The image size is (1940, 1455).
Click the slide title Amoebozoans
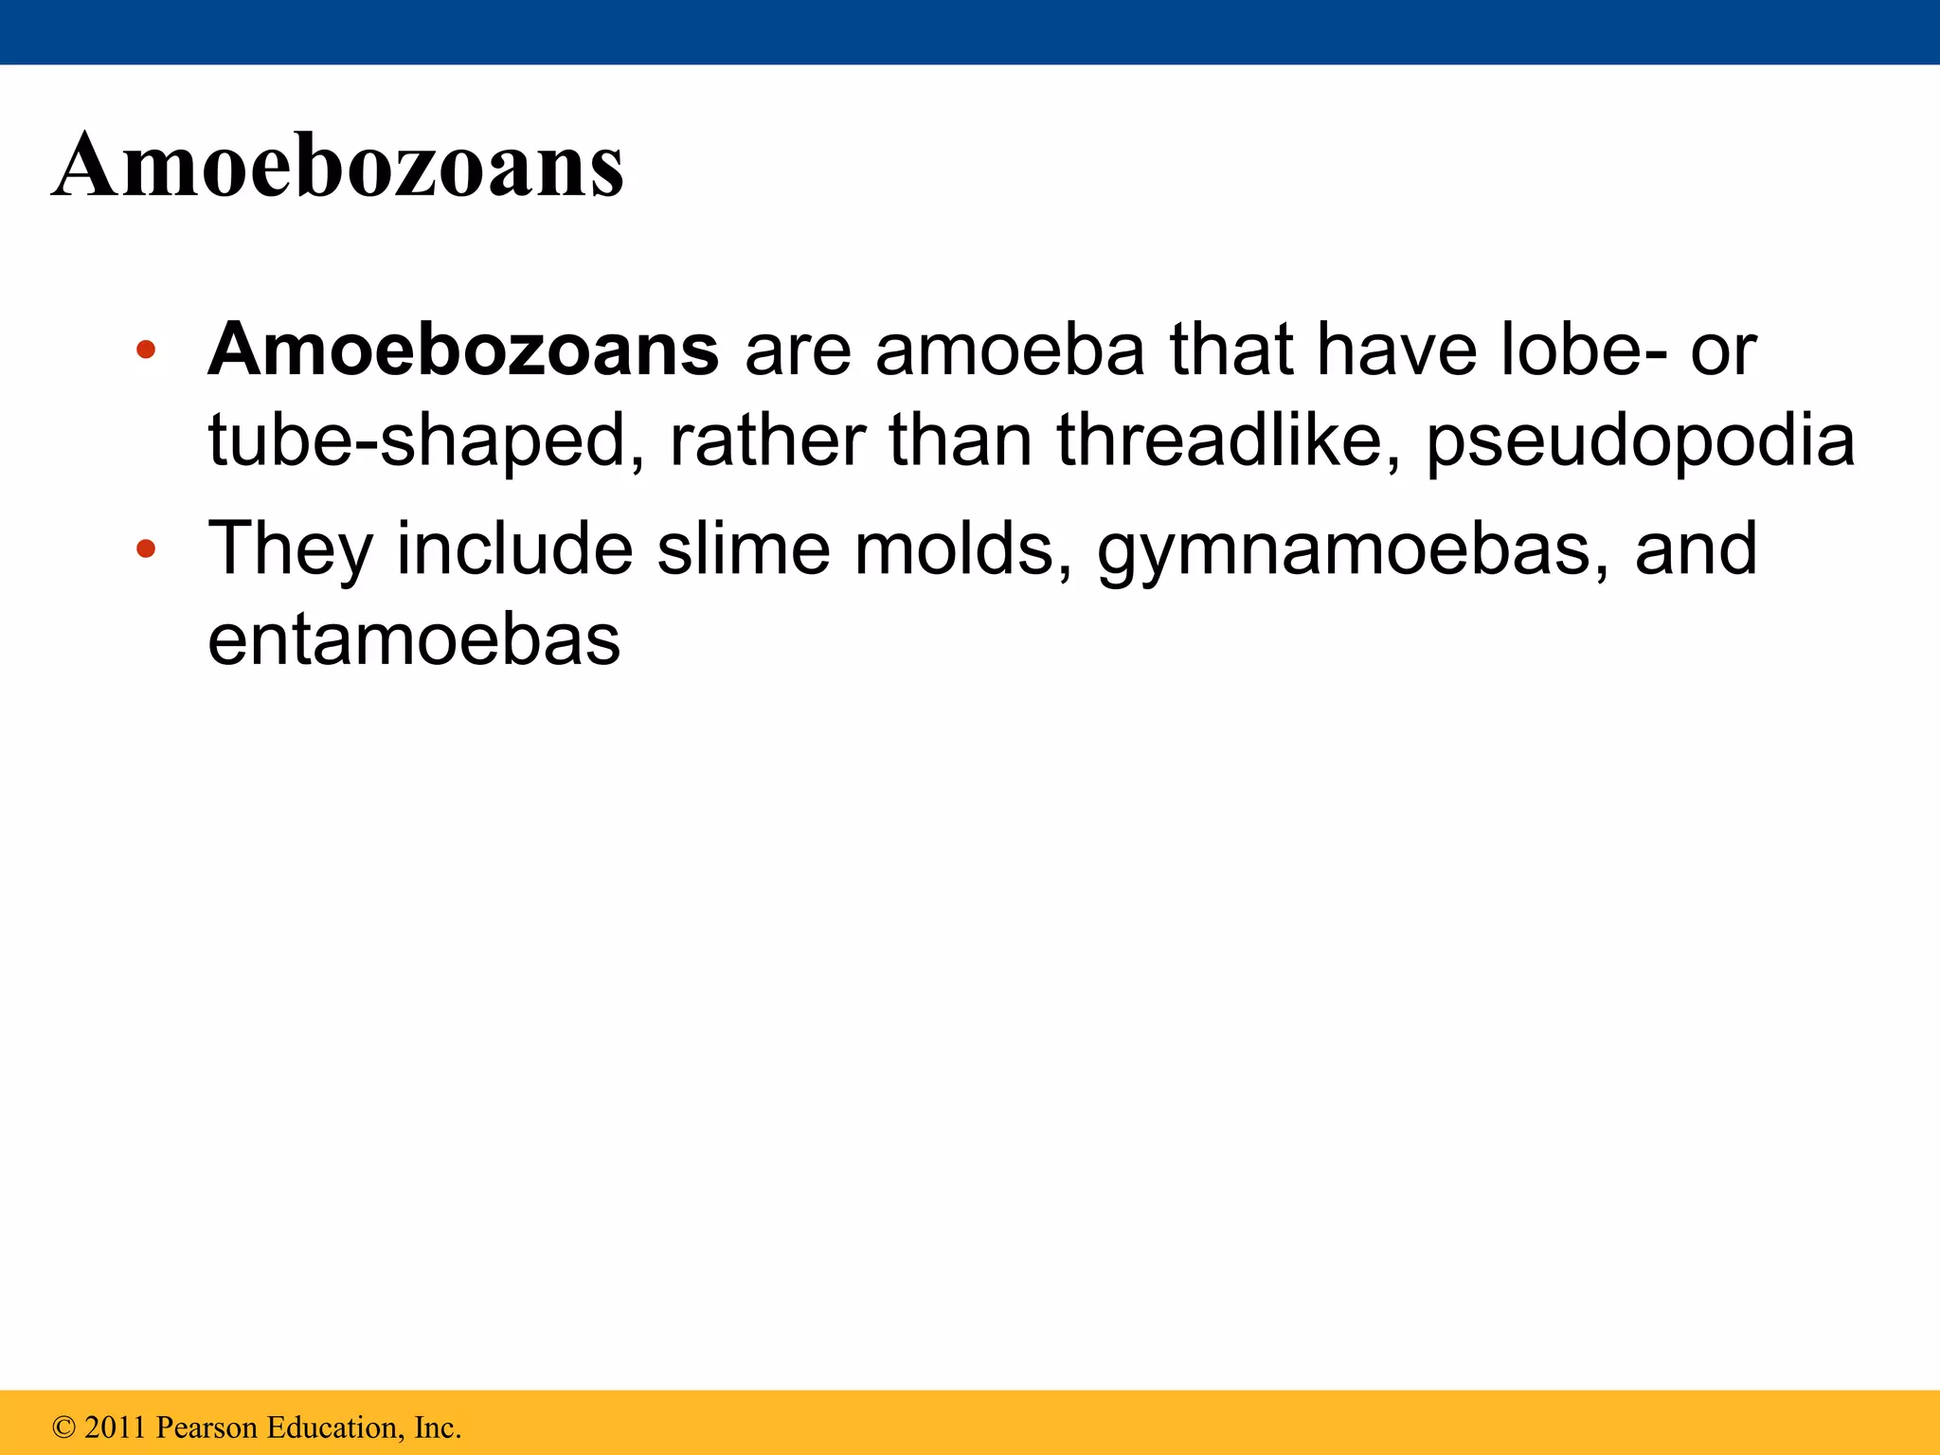pyautogui.click(x=338, y=166)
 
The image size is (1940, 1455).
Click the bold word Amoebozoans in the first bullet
pyautogui.click(x=463, y=350)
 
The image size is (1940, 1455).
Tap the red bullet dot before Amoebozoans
pyautogui.click(x=145, y=350)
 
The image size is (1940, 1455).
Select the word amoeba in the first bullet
pyautogui.click(x=1010, y=350)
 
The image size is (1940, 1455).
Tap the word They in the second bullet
pyautogui.click(x=289, y=550)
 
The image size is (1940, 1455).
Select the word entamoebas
pyautogui.click(x=414, y=640)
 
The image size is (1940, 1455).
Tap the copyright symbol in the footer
pyautogui.click(x=64, y=1427)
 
